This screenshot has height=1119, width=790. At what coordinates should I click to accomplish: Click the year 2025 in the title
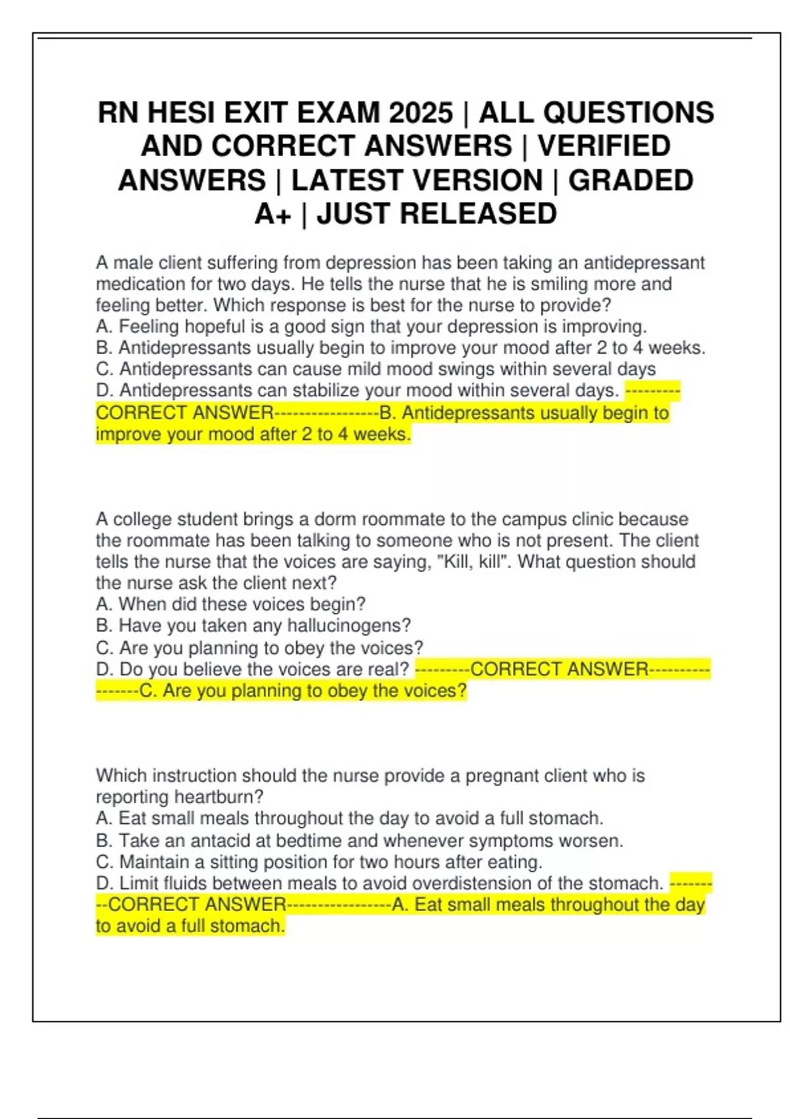(x=421, y=113)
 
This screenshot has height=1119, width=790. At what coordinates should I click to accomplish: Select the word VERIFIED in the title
(x=604, y=146)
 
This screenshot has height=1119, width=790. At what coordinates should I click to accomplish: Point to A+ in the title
(x=273, y=214)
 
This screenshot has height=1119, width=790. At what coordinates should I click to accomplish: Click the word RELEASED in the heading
(x=479, y=214)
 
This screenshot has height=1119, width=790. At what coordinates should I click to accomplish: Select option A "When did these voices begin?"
(x=230, y=604)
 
